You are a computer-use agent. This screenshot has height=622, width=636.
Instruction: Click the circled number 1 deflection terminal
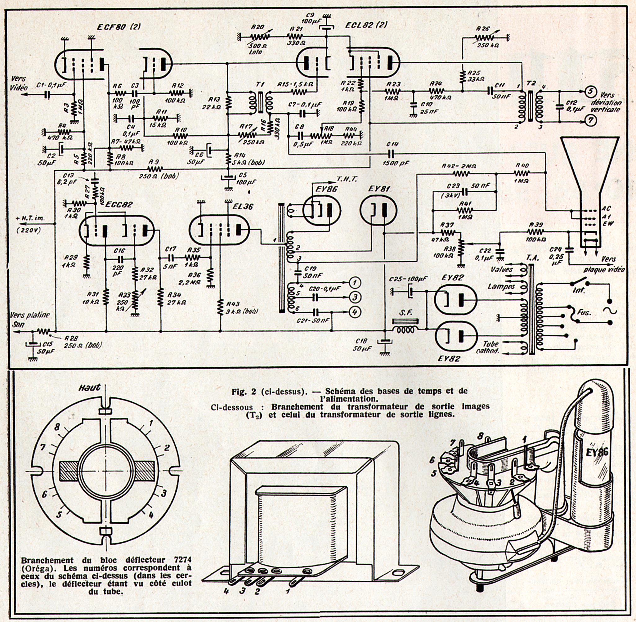[355, 282]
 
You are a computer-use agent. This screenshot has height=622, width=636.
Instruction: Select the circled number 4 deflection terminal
[355, 312]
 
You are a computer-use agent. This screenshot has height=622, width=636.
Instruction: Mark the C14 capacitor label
[392, 144]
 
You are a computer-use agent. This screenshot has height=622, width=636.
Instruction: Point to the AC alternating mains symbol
[610, 310]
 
